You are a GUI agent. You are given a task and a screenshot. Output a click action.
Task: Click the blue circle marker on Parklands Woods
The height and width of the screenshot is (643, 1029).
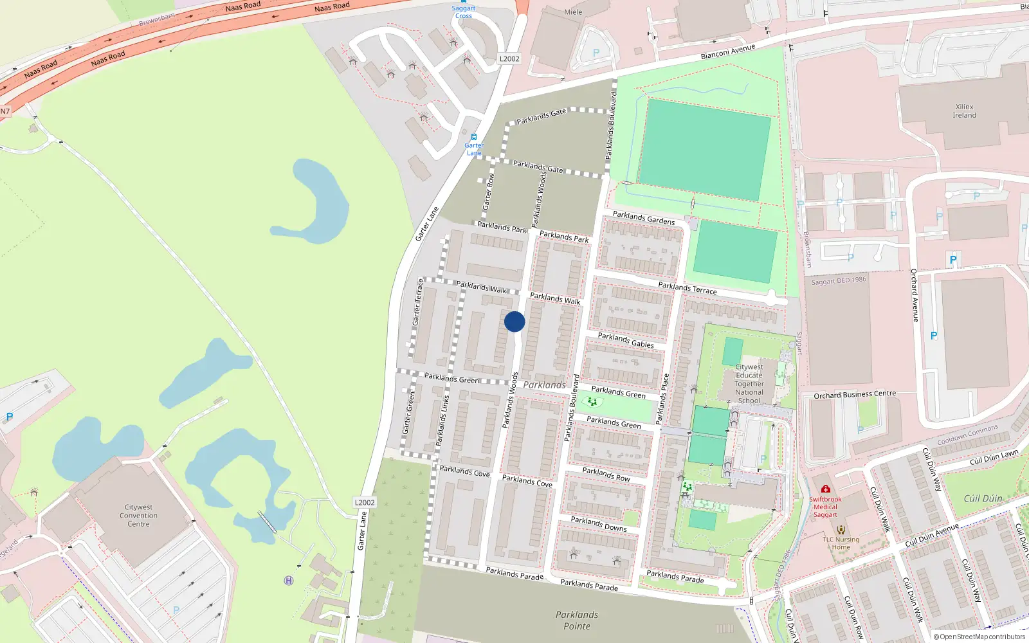(x=514, y=321)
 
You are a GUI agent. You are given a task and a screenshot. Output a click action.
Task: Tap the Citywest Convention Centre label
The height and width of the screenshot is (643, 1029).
(x=138, y=516)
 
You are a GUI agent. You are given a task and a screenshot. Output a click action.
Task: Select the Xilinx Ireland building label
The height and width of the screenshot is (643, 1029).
(x=964, y=111)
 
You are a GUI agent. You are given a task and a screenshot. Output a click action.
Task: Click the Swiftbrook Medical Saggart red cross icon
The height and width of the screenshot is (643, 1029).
(x=825, y=489)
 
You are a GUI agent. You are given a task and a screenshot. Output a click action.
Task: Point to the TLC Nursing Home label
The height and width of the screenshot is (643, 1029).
(x=841, y=543)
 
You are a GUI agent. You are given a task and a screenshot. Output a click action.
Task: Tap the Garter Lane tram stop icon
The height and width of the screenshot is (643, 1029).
(x=474, y=137)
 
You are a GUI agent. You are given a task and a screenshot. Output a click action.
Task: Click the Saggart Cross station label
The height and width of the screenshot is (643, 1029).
(x=463, y=12)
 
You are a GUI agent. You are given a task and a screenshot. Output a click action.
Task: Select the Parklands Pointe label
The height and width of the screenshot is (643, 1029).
(x=577, y=620)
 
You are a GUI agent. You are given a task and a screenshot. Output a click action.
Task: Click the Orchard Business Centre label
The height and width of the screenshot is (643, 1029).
(x=855, y=394)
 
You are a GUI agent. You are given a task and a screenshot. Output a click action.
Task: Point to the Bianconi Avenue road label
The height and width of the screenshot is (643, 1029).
(x=727, y=52)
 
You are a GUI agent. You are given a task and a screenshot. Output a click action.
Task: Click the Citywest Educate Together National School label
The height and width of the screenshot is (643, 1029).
(x=749, y=384)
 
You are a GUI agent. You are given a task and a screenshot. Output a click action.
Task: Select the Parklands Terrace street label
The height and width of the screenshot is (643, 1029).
(x=687, y=287)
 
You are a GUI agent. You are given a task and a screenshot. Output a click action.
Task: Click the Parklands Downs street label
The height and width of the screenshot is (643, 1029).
(x=598, y=524)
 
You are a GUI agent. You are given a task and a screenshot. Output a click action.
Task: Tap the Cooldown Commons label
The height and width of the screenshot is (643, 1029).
(x=967, y=435)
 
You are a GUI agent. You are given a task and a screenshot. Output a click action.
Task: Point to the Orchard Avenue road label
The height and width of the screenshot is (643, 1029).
(x=915, y=295)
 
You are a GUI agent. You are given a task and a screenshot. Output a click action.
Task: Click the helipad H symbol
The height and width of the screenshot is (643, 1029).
(x=289, y=581)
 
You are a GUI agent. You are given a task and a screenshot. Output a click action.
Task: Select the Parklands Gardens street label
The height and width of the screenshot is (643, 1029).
(x=643, y=218)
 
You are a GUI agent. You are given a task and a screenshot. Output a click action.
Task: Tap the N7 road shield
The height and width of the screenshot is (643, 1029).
(x=5, y=111)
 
